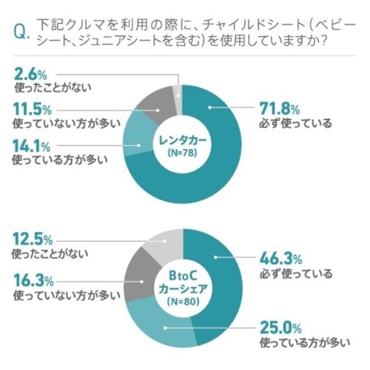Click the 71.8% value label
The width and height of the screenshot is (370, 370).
[x=279, y=109]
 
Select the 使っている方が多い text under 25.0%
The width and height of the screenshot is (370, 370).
[x=305, y=343]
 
